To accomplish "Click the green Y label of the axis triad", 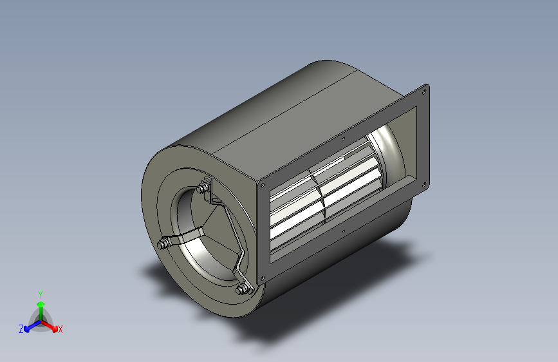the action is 41,295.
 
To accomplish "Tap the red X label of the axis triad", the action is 60,329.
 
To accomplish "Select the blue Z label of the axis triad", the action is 21,329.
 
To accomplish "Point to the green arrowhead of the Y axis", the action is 41,304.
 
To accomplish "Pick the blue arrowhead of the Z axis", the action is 27,329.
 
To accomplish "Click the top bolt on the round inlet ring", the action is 203,188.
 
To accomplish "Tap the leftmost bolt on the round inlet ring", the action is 163,244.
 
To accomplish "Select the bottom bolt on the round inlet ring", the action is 242,289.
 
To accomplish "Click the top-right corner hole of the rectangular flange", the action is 424,92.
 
